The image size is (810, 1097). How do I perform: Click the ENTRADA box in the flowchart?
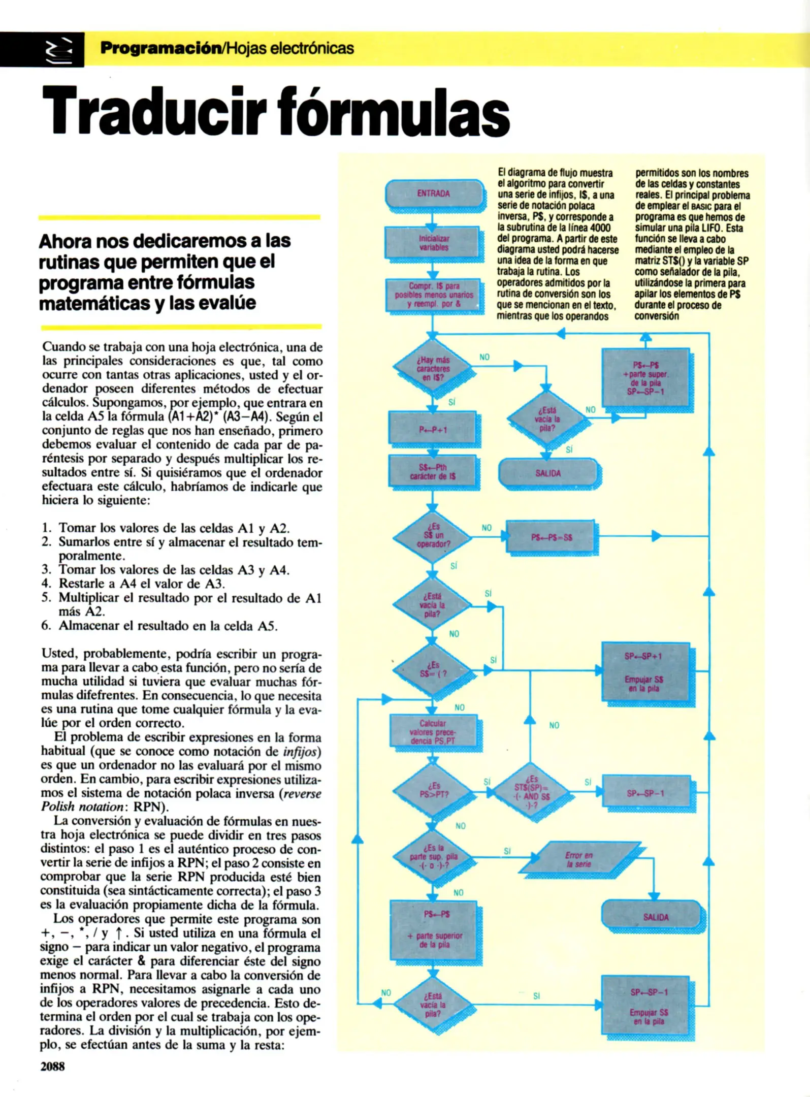click(x=434, y=193)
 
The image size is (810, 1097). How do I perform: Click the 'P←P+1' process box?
click(x=433, y=430)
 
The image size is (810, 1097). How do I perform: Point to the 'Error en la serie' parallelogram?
click(x=579, y=859)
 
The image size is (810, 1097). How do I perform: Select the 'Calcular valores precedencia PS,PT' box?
click(x=433, y=732)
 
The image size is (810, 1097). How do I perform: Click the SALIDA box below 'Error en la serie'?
click(x=655, y=917)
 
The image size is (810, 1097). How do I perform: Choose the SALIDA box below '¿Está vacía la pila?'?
click(x=547, y=473)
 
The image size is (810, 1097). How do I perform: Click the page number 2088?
click(x=53, y=1066)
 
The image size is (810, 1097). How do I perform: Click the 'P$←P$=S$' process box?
click(x=550, y=537)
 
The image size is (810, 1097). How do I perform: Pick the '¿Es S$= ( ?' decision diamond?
click(x=433, y=670)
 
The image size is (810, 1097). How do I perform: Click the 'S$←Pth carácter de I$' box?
click(x=433, y=472)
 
